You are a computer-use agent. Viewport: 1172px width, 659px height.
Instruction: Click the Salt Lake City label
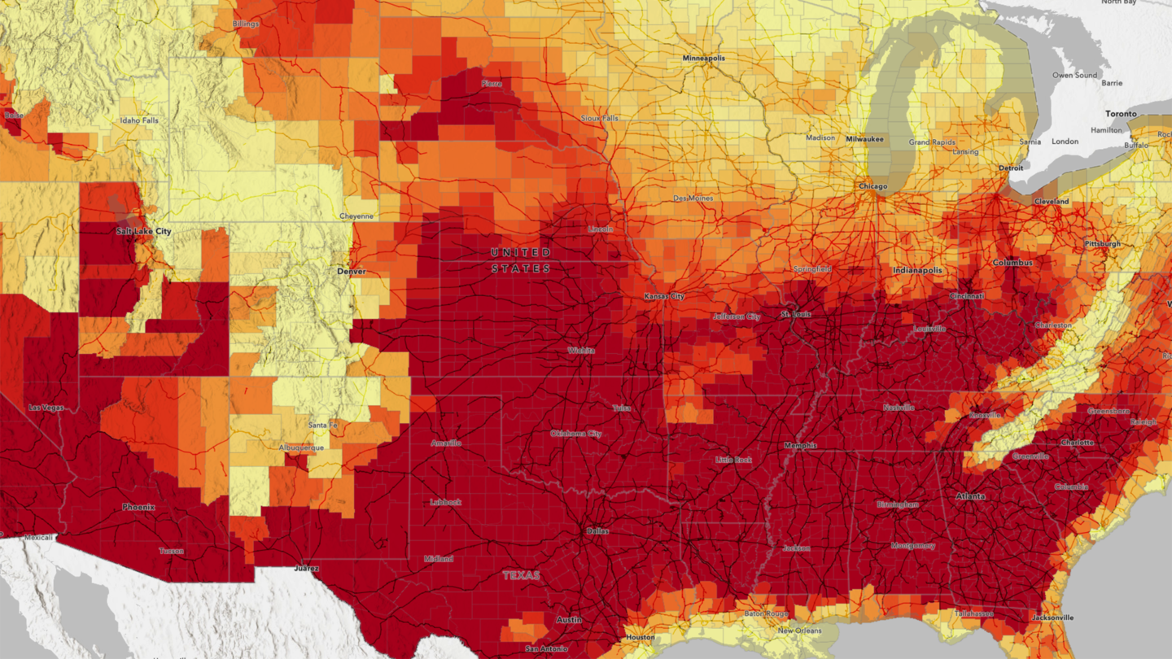[x=143, y=232]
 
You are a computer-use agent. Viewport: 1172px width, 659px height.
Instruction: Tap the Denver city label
[x=352, y=271]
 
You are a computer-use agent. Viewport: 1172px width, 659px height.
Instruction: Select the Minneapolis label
[x=703, y=59]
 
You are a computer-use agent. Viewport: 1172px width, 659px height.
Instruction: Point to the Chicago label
[x=872, y=186]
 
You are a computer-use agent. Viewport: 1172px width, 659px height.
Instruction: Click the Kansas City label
[x=664, y=297]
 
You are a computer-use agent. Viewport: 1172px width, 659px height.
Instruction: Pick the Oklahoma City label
[x=575, y=434]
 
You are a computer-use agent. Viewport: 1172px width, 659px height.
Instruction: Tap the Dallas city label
[x=597, y=531]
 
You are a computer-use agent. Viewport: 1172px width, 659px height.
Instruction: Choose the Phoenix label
[x=138, y=507]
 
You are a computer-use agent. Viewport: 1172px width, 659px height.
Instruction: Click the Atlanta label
[x=969, y=496]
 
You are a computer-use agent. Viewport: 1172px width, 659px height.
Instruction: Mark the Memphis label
[x=799, y=446]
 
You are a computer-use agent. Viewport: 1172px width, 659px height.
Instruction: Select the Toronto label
[x=1121, y=115]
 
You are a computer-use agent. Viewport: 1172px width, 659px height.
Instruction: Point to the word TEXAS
[x=521, y=575]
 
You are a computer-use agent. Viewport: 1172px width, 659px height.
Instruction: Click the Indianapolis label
[x=917, y=270]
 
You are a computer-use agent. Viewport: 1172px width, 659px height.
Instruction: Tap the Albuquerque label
[x=301, y=447]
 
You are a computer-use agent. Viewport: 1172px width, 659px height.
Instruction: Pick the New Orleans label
[x=798, y=631]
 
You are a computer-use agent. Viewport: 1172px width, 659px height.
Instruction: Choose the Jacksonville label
[x=1052, y=618]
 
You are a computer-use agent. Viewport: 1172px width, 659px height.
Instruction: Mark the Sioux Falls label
[x=599, y=118]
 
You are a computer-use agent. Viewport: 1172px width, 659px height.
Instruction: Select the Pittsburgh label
[x=1102, y=244]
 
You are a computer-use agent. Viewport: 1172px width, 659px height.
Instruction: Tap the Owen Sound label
[x=1074, y=75]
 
